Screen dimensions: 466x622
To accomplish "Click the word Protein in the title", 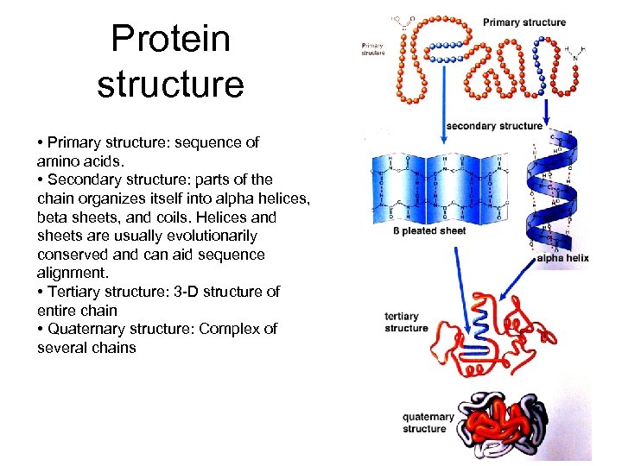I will pyautogui.click(x=171, y=39).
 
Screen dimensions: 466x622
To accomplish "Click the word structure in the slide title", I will pyautogui.click(x=171, y=85).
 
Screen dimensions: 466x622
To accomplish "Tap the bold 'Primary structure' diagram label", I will pyautogui.click(x=524, y=22).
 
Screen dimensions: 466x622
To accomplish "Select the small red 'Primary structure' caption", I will pyautogui.click(x=372, y=49).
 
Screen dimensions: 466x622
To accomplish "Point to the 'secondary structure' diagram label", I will pyautogui.click(x=494, y=126).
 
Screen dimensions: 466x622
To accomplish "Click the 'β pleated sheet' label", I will pyautogui.click(x=429, y=231).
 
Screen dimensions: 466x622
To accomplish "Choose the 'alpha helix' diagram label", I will pyautogui.click(x=562, y=258).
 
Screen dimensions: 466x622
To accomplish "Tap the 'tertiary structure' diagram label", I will pyautogui.click(x=406, y=322).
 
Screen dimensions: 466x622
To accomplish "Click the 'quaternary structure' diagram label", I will pyautogui.click(x=427, y=423).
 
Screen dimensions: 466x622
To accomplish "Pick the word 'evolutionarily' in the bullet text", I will pyautogui.click(x=213, y=236).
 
